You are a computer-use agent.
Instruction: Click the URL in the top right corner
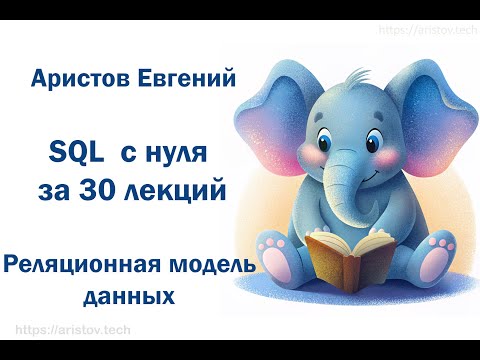click(425, 30)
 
